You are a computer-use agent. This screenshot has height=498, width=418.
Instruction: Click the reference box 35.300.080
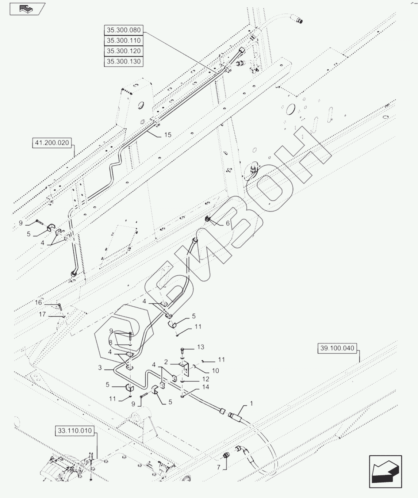123,30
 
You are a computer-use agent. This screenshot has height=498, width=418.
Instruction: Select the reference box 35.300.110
123,41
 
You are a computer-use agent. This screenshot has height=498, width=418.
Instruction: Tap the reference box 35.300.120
123,51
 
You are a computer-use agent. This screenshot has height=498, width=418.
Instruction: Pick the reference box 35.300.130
123,62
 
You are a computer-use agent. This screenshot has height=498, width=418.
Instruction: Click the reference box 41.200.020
52,143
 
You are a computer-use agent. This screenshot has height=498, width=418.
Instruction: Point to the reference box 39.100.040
337,348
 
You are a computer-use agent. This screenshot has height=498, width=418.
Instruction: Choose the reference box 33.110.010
75,431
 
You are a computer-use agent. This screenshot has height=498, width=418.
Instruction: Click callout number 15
168,135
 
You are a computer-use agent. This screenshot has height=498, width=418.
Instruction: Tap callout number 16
38,302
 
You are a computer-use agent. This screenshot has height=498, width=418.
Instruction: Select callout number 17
42,314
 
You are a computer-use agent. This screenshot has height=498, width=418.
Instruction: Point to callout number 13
201,347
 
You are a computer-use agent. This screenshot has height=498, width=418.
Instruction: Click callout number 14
206,387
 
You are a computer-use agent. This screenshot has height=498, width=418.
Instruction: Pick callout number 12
206,379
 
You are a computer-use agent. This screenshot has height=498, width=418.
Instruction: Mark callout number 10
215,371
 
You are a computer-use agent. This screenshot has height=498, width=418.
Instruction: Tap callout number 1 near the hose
251,403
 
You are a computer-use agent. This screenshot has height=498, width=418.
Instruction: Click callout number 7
219,467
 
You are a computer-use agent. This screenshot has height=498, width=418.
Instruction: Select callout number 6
228,223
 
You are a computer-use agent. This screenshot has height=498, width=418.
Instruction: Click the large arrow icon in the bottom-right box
386,472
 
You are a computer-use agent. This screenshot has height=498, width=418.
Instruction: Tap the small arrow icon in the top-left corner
27,9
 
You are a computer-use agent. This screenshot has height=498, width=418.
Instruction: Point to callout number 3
100,368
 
